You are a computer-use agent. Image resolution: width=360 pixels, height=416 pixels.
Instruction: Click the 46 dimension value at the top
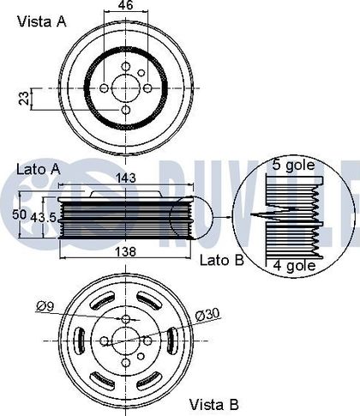click(126, 5)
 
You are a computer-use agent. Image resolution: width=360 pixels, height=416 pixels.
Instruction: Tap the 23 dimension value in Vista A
click(25, 99)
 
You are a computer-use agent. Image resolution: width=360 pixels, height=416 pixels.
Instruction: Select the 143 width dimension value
click(126, 178)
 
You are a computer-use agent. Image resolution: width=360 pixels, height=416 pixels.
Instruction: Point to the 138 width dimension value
click(125, 252)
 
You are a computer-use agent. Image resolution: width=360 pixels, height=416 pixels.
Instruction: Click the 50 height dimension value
click(19, 214)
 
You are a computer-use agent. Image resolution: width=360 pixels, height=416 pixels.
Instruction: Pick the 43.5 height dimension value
click(44, 218)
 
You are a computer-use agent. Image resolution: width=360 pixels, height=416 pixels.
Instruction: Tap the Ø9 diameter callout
click(45, 306)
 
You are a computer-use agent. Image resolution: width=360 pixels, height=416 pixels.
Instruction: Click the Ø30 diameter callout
click(208, 315)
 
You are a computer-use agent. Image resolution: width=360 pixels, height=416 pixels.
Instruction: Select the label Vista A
click(42, 21)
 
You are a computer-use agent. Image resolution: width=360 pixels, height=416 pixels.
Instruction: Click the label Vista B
click(214, 404)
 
